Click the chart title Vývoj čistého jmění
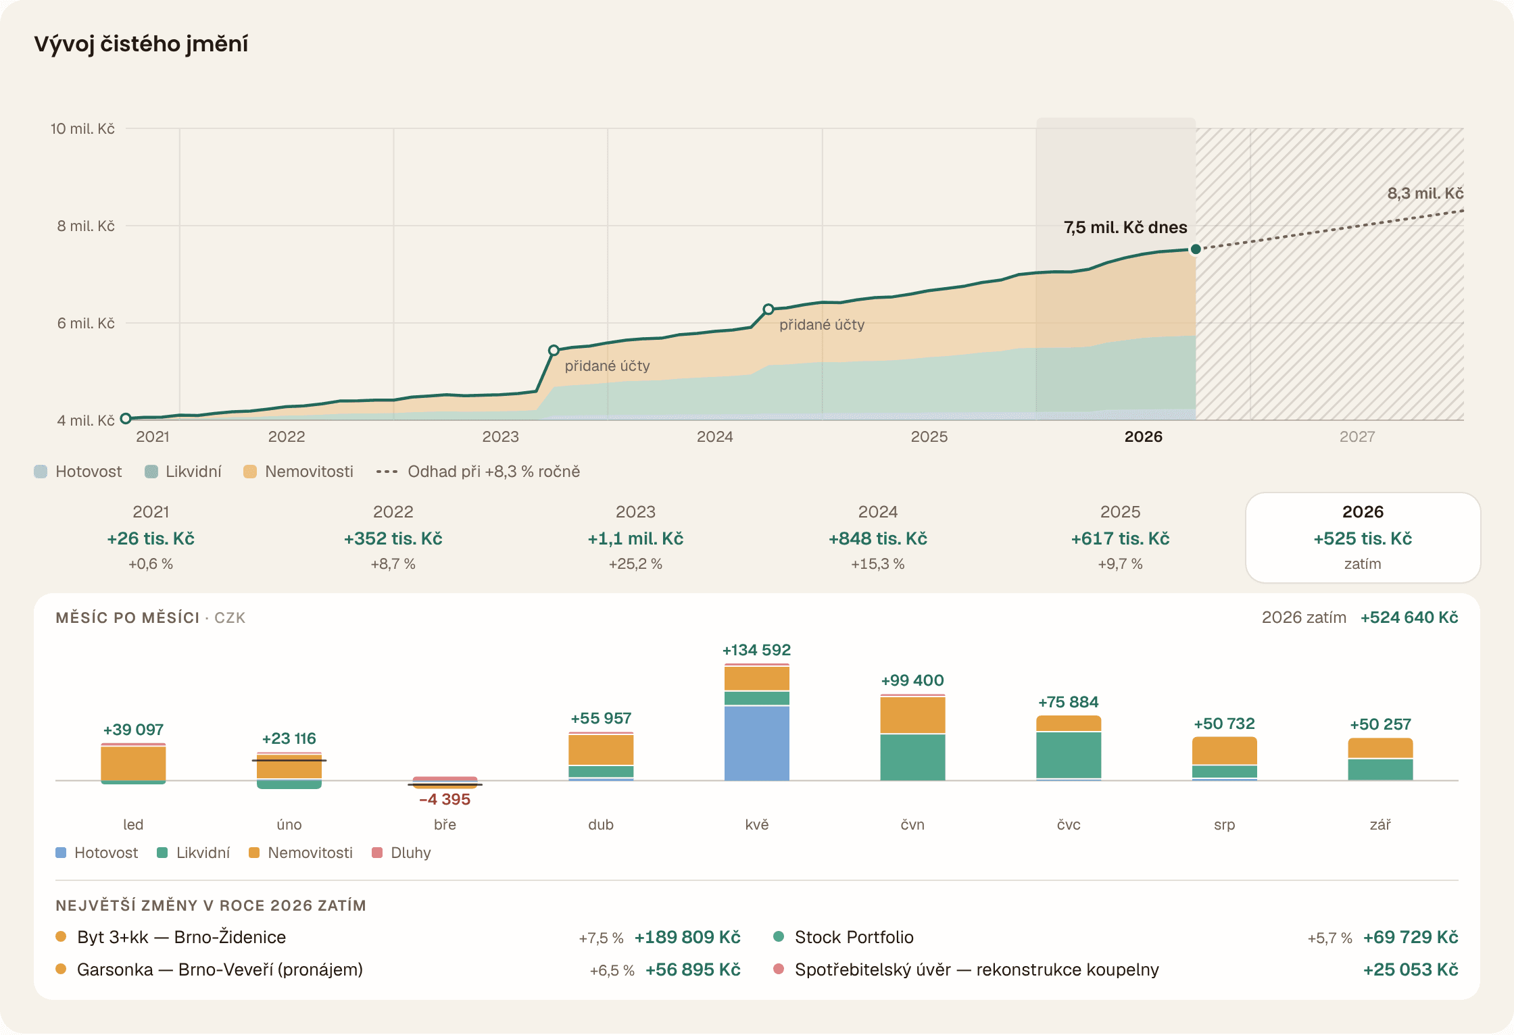pyautogui.click(x=141, y=44)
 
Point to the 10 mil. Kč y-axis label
pyautogui.click(x=82, y=128)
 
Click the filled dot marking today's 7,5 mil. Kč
pyautogui.click(x=1195, y=249)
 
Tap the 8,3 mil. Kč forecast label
pyautogui.click(x=1425, y=193)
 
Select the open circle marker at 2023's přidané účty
pyautogui.click(x=554, y=350)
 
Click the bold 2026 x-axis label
pyautogui.click(x=1143, y=436)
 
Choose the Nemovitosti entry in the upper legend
pyautogui.click(x=298, y=472)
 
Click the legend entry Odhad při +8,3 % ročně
pyautogui.click(x=478, y=472)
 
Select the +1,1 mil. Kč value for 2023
pyautogui.click(x=635, y=538)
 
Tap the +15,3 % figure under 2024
pyautogui.click(x=877, y=564)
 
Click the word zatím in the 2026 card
pyautogui.click(x=1363, y=564)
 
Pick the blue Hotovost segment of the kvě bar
pyautogui.click(x=756, y=743)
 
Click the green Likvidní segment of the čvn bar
pyautogui.click(x=912, y=757)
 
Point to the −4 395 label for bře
pyautogui.click(x=444, y=799)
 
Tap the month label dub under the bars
pyautogui.click(x=601, y=824)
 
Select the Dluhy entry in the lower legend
pyautogui.click(x=401, y=853)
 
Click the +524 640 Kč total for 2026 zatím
pyautogui.click(x=1409, y=617)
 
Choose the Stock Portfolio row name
pyautogui.click(x=854, y=937)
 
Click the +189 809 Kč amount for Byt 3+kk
pyautogui.click(x=687, y=937)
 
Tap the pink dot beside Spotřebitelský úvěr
pyautogui.click(x=779, y=969)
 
